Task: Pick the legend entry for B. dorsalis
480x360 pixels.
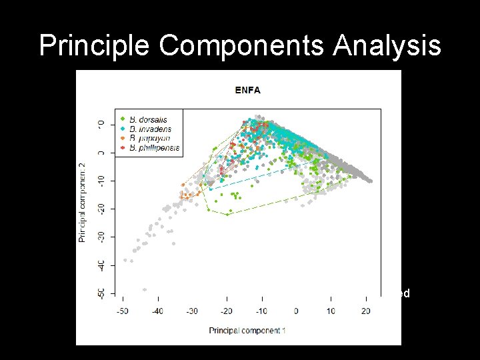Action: pyautogui.click(x=148, y=120)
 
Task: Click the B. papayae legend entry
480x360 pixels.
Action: pyautogui.click(x=149, y=138)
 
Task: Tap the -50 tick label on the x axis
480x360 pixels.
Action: pyautogui.click(x=123, y=311)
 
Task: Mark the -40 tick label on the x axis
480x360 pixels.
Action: pyautogui.click(x=157, y=311)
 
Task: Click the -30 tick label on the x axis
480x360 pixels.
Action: pyautogui.click(x=192, y=311)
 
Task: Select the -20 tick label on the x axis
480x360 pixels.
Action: pyautogui.click(x=227, y=311)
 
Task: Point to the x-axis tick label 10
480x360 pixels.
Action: pyautogui.click(x=331, y=311)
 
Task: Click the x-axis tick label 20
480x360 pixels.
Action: pyautogui.click(x=365, y=311)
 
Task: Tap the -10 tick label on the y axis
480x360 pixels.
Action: pyautogui.click(x=100, y=181)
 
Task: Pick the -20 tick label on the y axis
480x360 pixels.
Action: pyautogui.click(x=100, y=209)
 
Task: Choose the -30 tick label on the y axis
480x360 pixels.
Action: pyautogui.click(x=100, y=237)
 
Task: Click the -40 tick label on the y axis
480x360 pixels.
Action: pyautogui.click(x=100, y=265)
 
